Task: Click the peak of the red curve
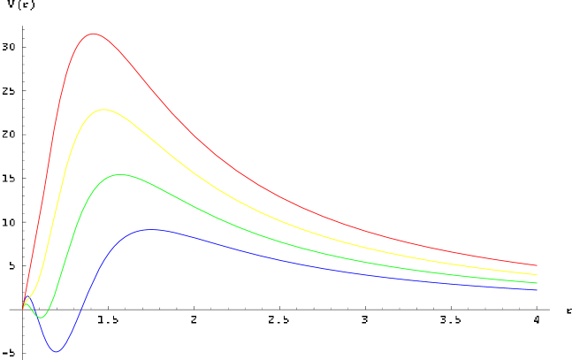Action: point(94,34)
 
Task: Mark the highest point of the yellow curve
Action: point(104,110)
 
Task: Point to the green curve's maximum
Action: point(119,174)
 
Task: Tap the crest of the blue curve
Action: point(152,229)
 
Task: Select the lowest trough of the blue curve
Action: point(57,351)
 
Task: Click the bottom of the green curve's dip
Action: point(40,318)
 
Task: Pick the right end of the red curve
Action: point(537,264)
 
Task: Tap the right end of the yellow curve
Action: point(537,275)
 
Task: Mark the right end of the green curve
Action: point(537,282)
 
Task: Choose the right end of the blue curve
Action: point(537,289)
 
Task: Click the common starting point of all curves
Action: point(23,308)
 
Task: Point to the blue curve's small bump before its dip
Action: point(28,303)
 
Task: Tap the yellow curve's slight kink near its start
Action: point(32,293)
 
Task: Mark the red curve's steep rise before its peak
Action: point(53,133)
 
